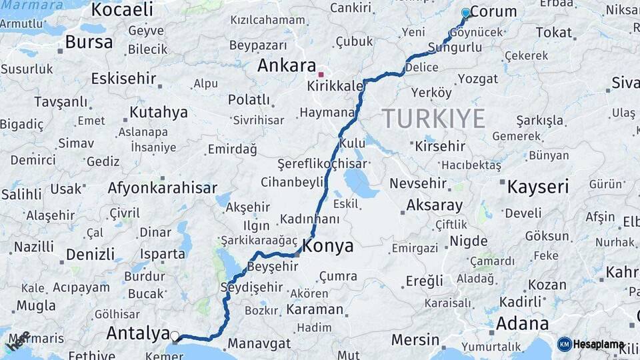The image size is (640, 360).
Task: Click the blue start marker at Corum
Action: pyautogui.click(x=465, y=13)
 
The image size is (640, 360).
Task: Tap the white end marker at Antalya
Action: pyautogui.click(x=175, y=337)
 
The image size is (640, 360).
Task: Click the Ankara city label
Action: pyautogui.click(x=286, y=66)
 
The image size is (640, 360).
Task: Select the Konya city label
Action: pyautogui.click(x=327, y=246)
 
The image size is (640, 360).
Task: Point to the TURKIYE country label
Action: pyautogui.click(x=433, y=119)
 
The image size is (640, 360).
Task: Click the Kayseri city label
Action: pyautogui.click(x=537, y=187)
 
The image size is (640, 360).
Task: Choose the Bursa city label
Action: pyautogui.click(x=89, y=42)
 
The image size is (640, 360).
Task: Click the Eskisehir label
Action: pyautogui.click(x=123, y=79)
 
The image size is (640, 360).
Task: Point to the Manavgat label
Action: pyautogui.click(x=259, y=344)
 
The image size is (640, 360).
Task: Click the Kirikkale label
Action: pyautogui.click(x=335, y=87)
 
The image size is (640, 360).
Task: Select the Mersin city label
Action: pyautogui.click(x=415, y=340)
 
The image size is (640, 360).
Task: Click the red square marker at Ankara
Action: pyautogui.click(x=321, y=75)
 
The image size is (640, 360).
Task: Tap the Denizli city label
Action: pyautogui.click(x=91, y=255)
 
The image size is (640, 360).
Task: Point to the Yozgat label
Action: pyautogui.click(x=477, y=79)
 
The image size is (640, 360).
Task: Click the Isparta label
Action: pyautogui.click(x=163, y=254)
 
